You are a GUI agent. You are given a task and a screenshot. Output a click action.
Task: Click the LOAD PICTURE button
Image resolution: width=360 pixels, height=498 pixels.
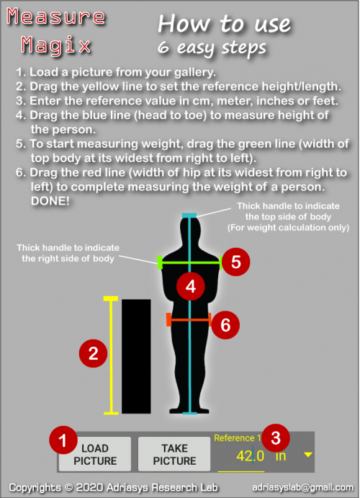tap(95, 454)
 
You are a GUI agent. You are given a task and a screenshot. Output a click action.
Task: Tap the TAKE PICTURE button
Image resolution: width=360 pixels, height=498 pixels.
tap(174, 454)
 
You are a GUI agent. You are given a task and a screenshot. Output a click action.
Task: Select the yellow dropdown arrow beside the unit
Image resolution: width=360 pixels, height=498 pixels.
tap(307, 455)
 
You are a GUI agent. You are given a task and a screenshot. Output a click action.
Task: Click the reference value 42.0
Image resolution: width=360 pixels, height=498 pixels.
tap(250, 456)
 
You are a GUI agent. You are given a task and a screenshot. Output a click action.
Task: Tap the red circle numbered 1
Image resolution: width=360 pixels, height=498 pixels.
tap(63, 440)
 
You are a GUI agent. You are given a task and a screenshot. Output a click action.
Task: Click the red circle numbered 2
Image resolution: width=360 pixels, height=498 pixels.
tap(94, 353)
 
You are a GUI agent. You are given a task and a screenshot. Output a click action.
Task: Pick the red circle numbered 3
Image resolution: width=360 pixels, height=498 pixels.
tap(276, 438)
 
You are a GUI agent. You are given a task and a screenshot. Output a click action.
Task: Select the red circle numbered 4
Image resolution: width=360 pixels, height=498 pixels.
tap(191, 287)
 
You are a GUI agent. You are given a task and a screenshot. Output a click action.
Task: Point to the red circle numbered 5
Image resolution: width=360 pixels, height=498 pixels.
tap(236, 262)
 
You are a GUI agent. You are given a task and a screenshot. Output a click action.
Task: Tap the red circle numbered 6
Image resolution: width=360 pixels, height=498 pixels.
tap(225, 325)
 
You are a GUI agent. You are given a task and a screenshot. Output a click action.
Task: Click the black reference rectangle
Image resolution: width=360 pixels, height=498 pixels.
tap(136, 356)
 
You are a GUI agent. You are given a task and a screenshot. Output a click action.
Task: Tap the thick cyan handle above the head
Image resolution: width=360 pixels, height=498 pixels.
tap(189, 215)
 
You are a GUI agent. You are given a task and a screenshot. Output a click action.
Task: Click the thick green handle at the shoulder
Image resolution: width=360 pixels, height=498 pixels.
tap(160, 262)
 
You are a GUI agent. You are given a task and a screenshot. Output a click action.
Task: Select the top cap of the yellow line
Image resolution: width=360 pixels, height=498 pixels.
tap(111, 298)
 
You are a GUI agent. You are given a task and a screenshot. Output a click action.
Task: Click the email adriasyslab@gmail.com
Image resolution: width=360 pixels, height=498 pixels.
tap(302, 487)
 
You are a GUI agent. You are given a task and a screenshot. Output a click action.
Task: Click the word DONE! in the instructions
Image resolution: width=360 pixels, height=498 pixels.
tap(50, 201)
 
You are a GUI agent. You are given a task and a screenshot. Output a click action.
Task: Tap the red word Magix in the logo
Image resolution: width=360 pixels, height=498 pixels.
tap(56, 45)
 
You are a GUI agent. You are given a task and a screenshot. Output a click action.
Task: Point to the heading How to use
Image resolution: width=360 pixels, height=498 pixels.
tap(224, 24)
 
